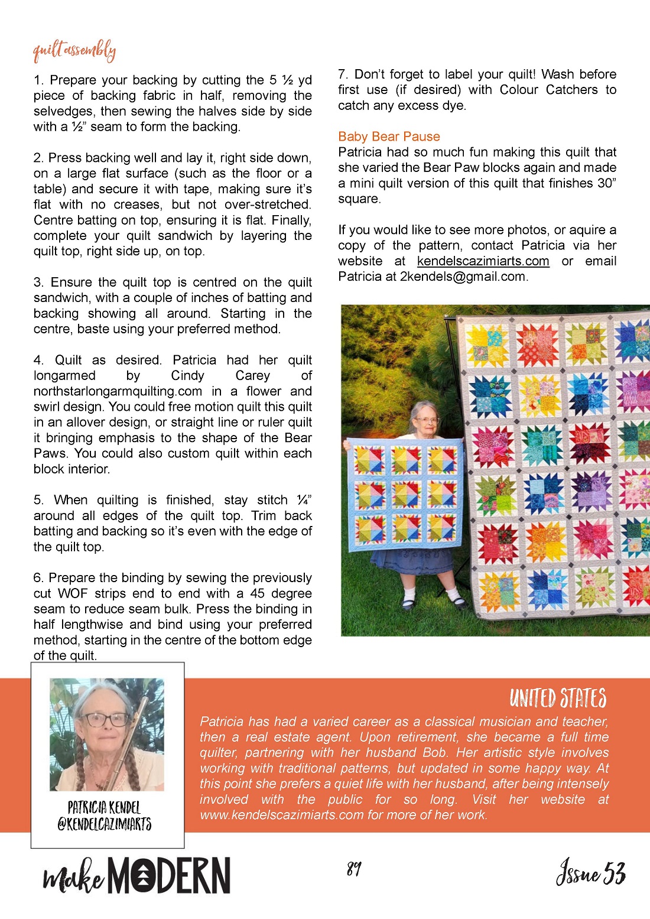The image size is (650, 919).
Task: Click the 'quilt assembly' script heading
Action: (x=74, y=51)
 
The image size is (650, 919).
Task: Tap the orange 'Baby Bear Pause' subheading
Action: (x=389, y=137)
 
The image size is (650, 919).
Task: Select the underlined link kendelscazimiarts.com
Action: (x=483, y=261)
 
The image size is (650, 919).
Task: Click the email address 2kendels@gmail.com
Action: (x=462, y=277)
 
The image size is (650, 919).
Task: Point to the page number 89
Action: (x=354, y=868)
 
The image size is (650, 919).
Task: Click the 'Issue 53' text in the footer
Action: (x=590, y=872)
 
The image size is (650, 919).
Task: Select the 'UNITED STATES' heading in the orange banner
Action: (x=558, y=698)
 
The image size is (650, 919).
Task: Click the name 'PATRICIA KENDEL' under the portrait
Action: (x=104, y=807)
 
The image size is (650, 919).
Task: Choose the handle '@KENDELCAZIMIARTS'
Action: (x=104, y=824)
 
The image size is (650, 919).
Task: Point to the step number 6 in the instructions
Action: (x=37, y=578)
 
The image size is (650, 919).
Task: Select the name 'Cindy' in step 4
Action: (x=187, y=376)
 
